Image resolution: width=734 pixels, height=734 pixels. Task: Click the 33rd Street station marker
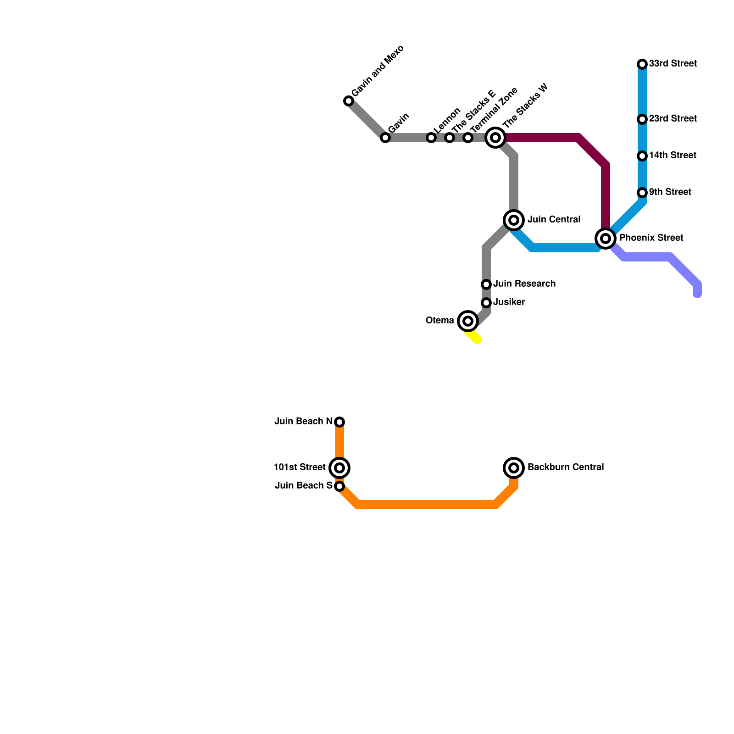(x=642, y=64)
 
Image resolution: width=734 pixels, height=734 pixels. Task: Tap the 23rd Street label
(x=673, y=119)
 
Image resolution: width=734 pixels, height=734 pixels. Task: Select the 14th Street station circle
(x=642, y=156)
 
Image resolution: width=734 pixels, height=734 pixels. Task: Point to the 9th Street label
(x=670, y=192)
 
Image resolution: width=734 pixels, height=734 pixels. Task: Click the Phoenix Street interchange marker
(x=606, y=239)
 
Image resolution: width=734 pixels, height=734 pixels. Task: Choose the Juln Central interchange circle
(x=514, y=220)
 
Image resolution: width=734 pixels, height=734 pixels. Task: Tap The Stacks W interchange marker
(x=495, y=138)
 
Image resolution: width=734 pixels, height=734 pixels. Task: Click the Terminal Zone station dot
(x=467, y=138)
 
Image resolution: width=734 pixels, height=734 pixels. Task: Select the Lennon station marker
(x=431, y=138)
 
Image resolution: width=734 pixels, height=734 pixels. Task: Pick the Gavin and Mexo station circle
(x=349, y=101)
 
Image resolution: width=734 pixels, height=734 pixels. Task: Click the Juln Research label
(x=524, y=284)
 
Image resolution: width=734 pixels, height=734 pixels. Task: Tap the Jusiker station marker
(x=486, y=303)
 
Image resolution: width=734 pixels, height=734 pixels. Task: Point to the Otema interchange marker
(x=468, y=321)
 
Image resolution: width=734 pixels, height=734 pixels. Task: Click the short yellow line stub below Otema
(x=474, y=338)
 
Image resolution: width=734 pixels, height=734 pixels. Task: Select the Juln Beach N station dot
(x=339, y=422)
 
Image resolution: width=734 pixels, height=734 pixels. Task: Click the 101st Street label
(x=300, y=467)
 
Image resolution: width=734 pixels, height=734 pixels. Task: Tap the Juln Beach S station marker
(x=339, y=486)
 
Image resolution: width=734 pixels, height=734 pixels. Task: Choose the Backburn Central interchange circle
(x=514, y=468)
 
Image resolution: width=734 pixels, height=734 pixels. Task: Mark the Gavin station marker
(x=385, y=138)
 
